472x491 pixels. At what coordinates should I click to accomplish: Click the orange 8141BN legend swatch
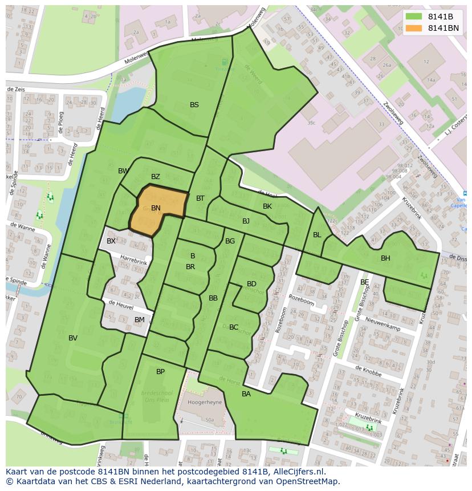[414, 28]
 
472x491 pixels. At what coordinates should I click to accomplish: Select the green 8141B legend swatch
[414, 17]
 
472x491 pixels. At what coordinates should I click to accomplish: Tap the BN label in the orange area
[156, 208]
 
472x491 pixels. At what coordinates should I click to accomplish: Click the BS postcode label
[194, 105]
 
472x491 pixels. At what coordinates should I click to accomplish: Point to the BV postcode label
[73, 338]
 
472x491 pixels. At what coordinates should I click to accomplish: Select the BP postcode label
[161, 372]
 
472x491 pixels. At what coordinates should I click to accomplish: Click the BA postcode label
[246, 394]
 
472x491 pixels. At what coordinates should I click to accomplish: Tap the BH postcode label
[386, 258]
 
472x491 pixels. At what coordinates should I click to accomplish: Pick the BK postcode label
[267, 206]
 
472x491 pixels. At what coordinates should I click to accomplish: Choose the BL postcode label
[317, 235]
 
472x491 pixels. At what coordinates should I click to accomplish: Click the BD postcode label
[251, 284]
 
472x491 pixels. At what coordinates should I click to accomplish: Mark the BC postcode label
[234, 327]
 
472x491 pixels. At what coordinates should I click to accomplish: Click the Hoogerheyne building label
[204, 402]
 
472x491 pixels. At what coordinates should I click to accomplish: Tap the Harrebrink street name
[134, 259]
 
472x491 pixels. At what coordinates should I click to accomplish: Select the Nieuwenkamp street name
[383, 324]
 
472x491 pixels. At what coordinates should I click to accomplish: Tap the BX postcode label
[111, 241]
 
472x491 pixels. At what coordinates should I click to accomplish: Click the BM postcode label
[140, 320]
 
